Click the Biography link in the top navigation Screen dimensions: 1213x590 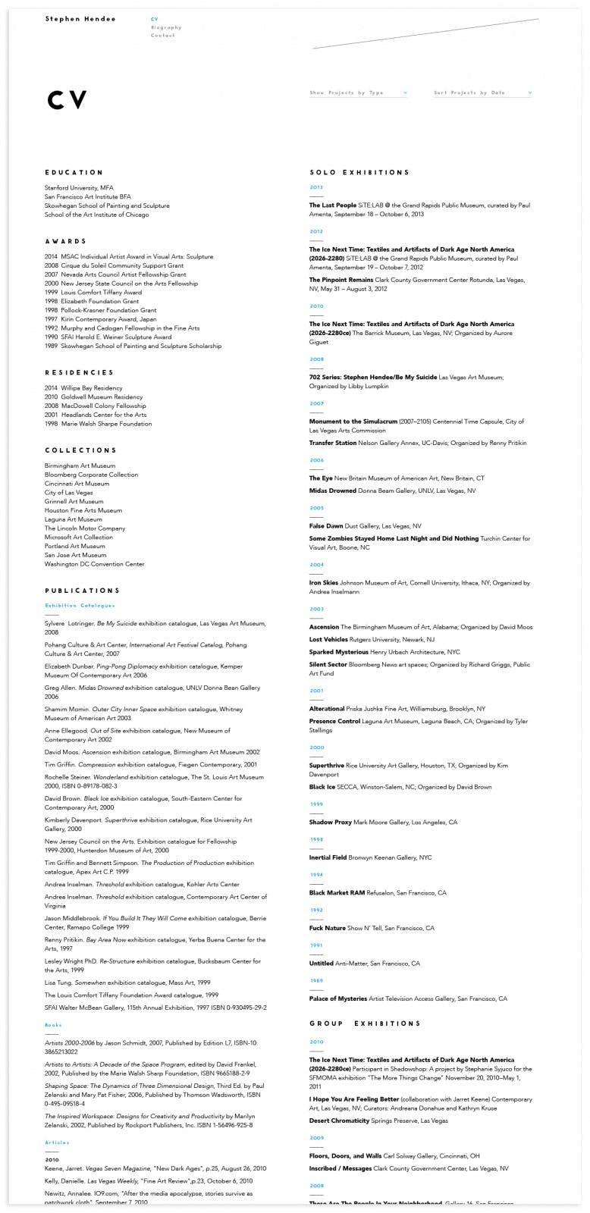pos(166,27)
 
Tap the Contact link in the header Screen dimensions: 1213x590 pos(162,36)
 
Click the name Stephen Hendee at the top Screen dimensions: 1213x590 pos(80,19)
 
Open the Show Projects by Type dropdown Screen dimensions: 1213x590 pos(358,93)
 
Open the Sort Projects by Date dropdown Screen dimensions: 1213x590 pos(482,93)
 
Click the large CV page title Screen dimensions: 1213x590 pos(67,100)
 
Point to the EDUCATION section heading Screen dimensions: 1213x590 pos(74,173)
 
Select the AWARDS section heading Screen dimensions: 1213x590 pos(66,242)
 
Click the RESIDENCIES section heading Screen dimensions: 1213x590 pos(79,373)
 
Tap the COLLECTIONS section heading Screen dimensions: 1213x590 pos(81,450)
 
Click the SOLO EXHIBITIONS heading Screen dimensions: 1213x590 pos(359,173)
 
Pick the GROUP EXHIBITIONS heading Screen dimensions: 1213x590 pos(365,1023)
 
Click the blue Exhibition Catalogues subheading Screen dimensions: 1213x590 pos(80,606)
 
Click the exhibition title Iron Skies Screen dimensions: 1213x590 pos(324,583)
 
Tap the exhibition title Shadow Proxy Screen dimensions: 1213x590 pos(331,823)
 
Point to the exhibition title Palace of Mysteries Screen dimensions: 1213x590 pos(338,999)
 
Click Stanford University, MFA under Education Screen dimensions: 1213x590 pos(79,188)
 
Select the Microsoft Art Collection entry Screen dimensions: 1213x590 pos(78,538)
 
